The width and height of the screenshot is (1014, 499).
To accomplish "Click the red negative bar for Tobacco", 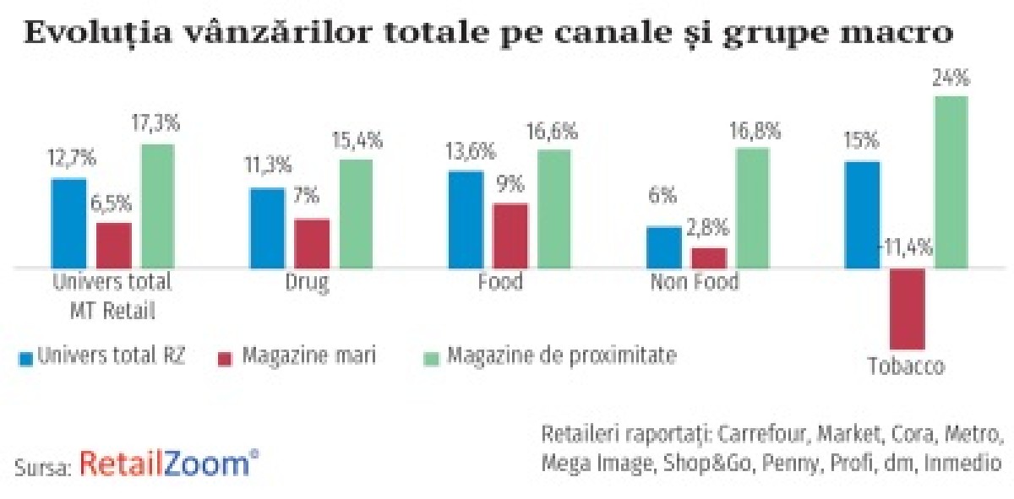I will coord(908,307).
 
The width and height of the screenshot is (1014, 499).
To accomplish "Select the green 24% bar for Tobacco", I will coord(951,182).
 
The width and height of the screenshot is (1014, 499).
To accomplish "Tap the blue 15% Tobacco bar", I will coord(863,214).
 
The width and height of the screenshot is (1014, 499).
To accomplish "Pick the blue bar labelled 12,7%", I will coord(69,223).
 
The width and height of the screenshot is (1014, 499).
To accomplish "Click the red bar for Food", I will coord(510,235).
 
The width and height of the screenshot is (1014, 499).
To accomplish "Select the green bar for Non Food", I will coord(753,208).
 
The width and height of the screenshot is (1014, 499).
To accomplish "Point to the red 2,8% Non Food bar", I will coord(709,258).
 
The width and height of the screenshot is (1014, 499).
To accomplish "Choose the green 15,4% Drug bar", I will coord(357,213).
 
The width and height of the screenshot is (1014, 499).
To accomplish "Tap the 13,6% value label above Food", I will coord(465,150).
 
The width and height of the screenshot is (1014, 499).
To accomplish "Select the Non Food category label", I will coord(694,282).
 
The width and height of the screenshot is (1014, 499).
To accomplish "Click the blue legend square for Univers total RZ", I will coord(25,357).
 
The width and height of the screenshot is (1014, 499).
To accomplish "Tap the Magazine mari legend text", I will coord(308,356).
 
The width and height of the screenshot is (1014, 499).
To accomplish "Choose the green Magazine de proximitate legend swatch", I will coord(430,357).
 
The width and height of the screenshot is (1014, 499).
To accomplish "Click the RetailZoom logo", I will coord(169,464).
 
